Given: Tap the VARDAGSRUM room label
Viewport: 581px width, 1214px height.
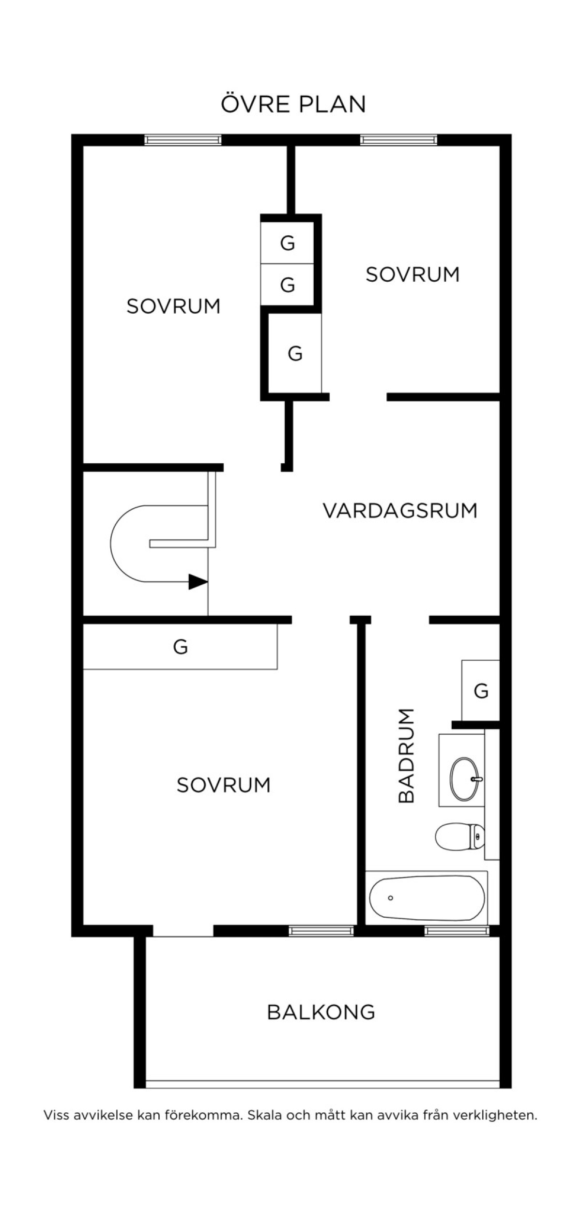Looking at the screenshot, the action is point(400,511).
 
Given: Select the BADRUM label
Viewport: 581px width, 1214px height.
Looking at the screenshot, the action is point(406,756).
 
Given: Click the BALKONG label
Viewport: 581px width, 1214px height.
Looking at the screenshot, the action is point(321,1012).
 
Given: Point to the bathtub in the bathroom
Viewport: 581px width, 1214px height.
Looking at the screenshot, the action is point(427,898).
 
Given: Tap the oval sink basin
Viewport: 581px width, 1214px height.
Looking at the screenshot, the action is point(466,779).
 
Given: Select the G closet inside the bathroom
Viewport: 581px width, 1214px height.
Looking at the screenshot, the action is point(480,690).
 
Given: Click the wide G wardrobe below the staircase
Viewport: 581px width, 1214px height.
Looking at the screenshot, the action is point(180,647).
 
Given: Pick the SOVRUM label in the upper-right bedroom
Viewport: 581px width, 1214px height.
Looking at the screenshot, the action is point(412,274).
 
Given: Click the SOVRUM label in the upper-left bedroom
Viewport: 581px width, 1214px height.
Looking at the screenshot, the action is point(173,306).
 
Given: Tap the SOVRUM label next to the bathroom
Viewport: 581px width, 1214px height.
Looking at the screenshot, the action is point(223,785).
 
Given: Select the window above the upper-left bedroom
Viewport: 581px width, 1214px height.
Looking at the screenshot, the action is point(183,140).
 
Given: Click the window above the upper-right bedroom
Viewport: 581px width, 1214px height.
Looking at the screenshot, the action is point(398,140).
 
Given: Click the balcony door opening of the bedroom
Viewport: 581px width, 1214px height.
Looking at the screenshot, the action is point(183,931).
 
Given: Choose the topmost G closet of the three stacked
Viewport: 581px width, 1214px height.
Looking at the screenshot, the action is point(287,243).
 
